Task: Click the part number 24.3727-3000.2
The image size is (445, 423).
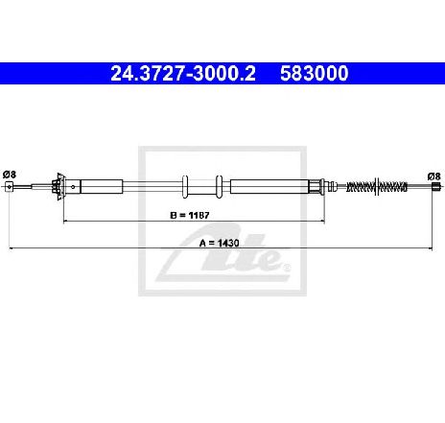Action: pos(183,74)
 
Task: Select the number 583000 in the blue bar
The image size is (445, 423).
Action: pos(315,74)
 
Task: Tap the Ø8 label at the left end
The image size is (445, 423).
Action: pos(10,175)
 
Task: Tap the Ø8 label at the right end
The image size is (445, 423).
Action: pos(433,176)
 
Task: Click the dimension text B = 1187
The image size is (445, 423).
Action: pos(190,215)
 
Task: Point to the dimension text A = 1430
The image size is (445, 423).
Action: pos(219,243)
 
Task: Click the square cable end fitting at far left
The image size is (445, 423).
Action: pos(10,187)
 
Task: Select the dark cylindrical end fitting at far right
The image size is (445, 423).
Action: pos(436,186)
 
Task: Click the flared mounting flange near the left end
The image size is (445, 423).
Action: pos(59,187)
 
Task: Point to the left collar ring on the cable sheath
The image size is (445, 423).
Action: pos(185,187)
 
